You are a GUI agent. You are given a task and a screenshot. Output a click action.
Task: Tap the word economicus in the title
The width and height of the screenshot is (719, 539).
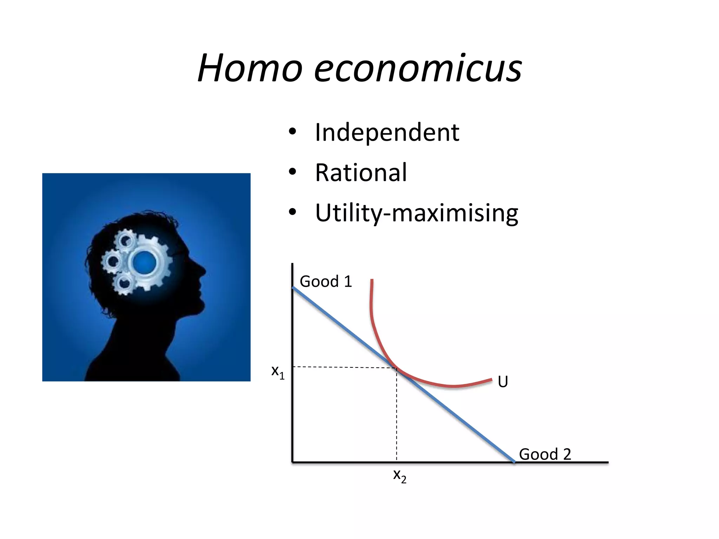pos(418,68)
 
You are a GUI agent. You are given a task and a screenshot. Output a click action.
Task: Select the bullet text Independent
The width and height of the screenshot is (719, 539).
pos(387,133)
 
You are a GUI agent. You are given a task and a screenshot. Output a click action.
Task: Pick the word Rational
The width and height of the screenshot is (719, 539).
pos(361,173)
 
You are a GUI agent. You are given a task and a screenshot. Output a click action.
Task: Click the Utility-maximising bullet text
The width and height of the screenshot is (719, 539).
pos(416,213)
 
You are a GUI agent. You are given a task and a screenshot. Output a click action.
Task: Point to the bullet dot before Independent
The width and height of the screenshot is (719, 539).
pos(292,132)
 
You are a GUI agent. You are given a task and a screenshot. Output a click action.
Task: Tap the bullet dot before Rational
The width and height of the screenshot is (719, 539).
pos(292,172)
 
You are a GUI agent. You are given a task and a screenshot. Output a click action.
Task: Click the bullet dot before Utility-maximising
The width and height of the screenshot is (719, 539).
pos(292,212)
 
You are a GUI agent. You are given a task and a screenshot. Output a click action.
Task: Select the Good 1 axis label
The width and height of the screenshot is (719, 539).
pos(326,281)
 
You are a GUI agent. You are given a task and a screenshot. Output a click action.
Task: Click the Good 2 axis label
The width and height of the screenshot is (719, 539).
pos(545,454)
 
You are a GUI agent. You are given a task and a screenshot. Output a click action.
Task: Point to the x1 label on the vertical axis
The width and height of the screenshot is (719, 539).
pos(278,372)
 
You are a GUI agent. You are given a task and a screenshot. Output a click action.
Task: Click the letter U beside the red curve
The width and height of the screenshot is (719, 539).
pos(503,381)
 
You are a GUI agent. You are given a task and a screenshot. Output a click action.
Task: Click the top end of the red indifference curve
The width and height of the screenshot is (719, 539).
pos(372,280)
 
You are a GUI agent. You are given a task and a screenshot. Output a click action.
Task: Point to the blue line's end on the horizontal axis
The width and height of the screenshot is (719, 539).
pos(514,462)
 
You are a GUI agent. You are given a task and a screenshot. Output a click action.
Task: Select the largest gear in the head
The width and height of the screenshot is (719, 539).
pos(147,261)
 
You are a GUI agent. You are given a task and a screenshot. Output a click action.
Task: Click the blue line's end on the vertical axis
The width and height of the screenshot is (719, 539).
pos(293,288)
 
